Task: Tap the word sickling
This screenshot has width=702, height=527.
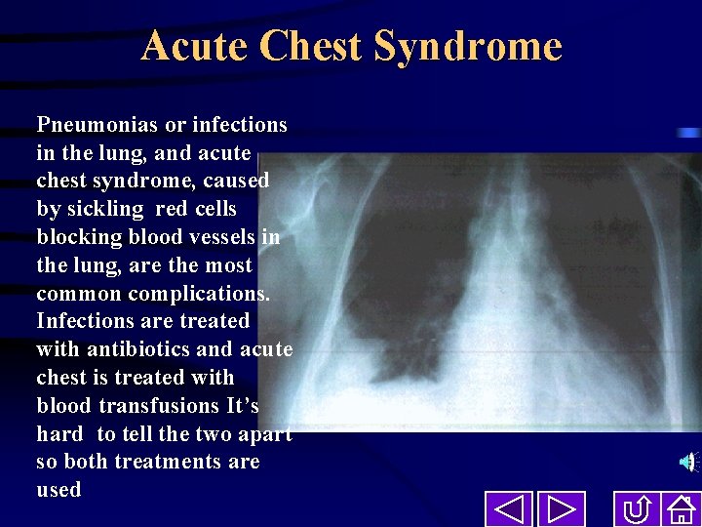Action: pyautogui.click(x=105, y=209)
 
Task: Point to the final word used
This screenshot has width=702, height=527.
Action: pyautogui.click(x=58, y=490)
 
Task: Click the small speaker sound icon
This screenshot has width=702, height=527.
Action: pyautogui.click(x=689, y=462)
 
